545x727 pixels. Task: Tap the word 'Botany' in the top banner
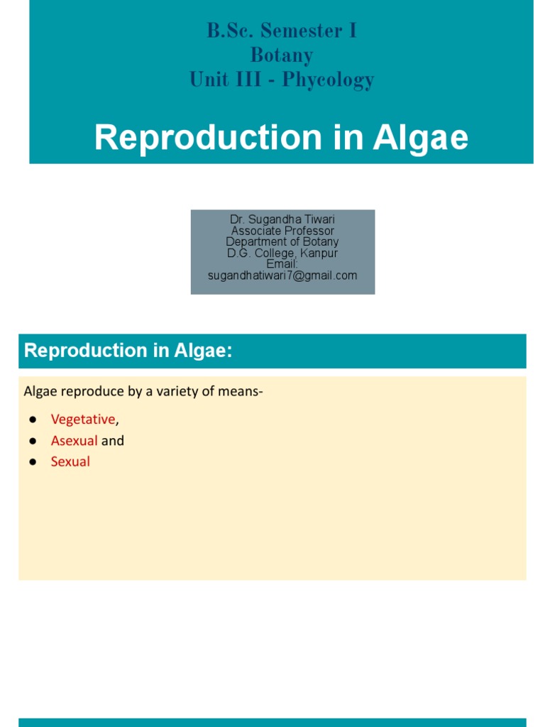point(282,55)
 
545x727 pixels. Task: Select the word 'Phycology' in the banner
point(328,80)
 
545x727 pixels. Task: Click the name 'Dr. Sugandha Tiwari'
point(282,220)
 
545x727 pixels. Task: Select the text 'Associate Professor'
point(282,231)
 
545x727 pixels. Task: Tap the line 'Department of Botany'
point(282,242)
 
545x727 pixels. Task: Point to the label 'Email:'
point(282,264)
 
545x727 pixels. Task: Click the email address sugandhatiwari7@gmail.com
point(282,275)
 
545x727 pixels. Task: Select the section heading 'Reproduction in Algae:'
point(128,351)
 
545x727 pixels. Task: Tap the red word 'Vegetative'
point(82,420)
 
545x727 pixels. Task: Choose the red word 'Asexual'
point(74,441)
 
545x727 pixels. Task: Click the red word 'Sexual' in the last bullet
point(70,462)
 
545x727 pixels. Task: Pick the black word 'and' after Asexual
point(113,441)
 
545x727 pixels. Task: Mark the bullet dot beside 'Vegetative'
point(33,420)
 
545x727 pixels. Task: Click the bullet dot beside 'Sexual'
point(33,462)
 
